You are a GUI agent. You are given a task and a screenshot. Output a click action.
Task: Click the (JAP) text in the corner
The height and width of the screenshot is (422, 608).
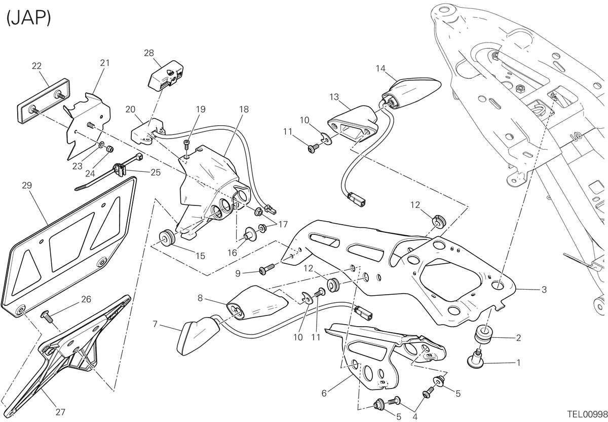(29, 18)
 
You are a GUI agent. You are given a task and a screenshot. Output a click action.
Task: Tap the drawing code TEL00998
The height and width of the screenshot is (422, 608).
(587, 414)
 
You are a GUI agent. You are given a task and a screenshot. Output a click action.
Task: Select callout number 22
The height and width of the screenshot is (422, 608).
(36, 66)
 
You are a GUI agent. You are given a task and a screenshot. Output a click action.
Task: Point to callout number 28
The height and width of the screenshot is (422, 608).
(149, 53)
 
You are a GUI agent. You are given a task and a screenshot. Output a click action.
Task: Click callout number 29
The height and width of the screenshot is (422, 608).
(27, 185)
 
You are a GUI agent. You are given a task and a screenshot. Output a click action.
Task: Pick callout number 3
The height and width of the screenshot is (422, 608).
(544, 290)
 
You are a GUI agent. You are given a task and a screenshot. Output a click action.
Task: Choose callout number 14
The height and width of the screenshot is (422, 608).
(381, 68)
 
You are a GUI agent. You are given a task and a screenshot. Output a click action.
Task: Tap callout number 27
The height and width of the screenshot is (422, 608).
(60, 412)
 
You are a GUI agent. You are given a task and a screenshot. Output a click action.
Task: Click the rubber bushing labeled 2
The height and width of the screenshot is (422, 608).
(484, 336)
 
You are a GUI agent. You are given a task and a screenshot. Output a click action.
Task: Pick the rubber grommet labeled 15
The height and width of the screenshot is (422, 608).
(166, 237)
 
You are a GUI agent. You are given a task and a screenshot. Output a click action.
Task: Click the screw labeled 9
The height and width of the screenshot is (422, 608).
(267, 270)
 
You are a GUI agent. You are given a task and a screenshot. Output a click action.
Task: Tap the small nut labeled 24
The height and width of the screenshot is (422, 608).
(109, 149)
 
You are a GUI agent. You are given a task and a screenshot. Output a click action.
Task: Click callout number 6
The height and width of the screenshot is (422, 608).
(324, 393)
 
